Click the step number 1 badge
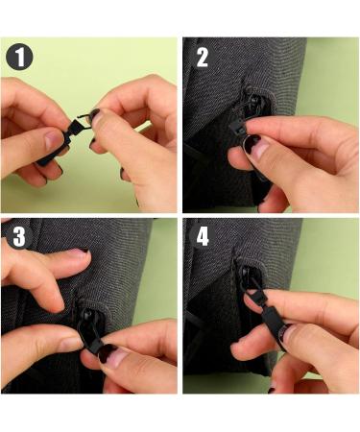pyautogui.click(x=19, y=57)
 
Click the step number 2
pyautogui.click(x=203, y=58)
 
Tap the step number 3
pyautogui.click(x=19, y=237)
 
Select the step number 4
pyautogui.click(x=203, y=237)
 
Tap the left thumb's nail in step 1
pyautogui.click(x=53, y=140)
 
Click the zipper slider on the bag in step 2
pyautogui.click(x=253, y=104)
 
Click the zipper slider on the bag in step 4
pyautogui.click(x=247, y=277)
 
